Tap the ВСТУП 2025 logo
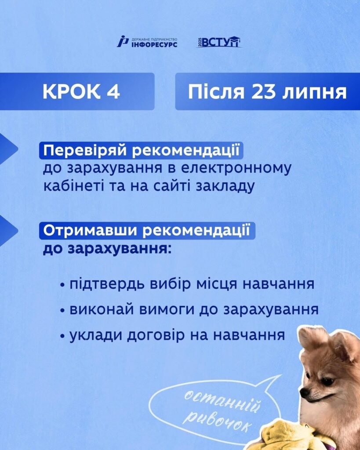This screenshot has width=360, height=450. (218, 42)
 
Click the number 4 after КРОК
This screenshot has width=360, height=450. (114, 92)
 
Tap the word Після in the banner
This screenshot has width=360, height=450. (216, 92)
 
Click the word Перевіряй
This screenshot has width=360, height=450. (85, 151)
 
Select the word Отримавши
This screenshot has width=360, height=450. (91, 231)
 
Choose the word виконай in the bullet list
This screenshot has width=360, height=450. (102, 310)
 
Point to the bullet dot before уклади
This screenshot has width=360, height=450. (62, 336)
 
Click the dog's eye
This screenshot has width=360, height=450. (327, 382)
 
